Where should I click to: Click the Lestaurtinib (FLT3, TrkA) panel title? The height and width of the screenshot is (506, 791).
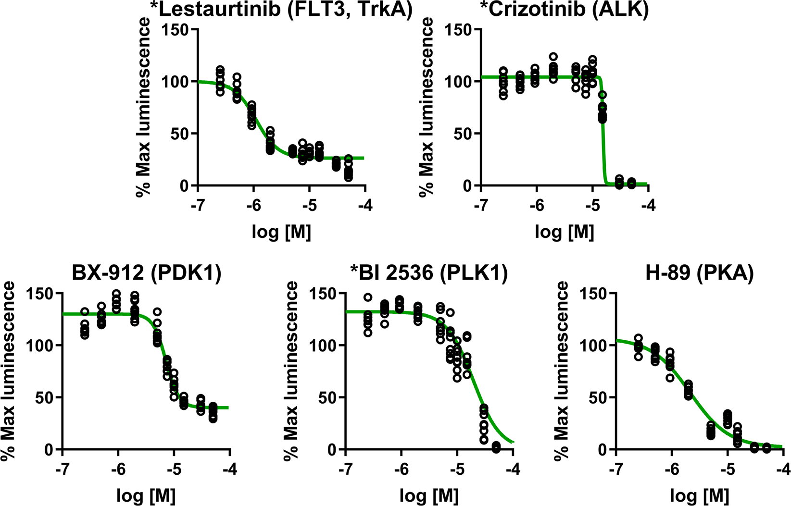point(281,10)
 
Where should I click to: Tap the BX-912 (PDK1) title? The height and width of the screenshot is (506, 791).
point(147,272)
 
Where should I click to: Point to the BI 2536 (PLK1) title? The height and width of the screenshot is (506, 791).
point(429,272)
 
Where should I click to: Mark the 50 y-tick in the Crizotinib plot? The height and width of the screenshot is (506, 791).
point(463,134)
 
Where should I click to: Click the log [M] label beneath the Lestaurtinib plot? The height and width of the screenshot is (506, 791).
point(281,232)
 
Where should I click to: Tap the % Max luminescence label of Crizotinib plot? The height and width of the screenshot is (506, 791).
point(426,108)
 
